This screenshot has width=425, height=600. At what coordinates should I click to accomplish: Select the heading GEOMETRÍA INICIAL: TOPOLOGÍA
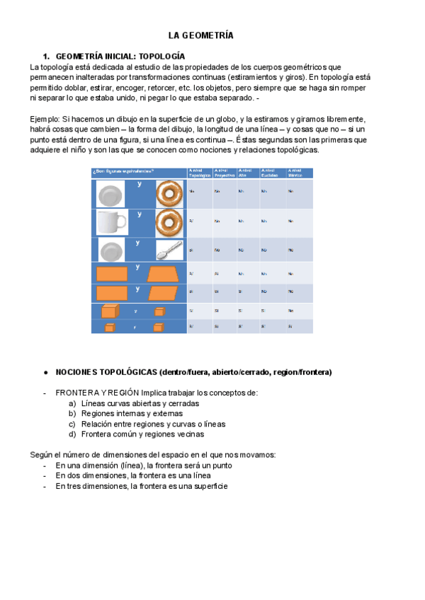tap(120, 55)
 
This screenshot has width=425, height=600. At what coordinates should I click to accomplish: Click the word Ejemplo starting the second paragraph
tap(47, 119)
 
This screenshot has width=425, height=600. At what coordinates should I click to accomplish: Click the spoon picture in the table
tap(170, 250)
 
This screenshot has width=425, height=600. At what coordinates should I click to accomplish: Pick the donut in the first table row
tap(170, 193)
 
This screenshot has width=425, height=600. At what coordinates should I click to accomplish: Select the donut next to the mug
tap(170, 223)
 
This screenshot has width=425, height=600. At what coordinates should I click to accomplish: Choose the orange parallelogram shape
tap(164, 293)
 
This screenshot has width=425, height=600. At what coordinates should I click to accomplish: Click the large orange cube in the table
tap(110, 311)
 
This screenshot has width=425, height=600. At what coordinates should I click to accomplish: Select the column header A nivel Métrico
tap(297, 173)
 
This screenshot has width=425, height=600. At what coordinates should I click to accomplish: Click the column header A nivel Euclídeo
tap(271, 173)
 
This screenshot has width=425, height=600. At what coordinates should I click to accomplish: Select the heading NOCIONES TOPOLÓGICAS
tap(193, 372)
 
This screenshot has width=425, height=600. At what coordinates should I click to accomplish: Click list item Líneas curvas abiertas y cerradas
tap(140, 403)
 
